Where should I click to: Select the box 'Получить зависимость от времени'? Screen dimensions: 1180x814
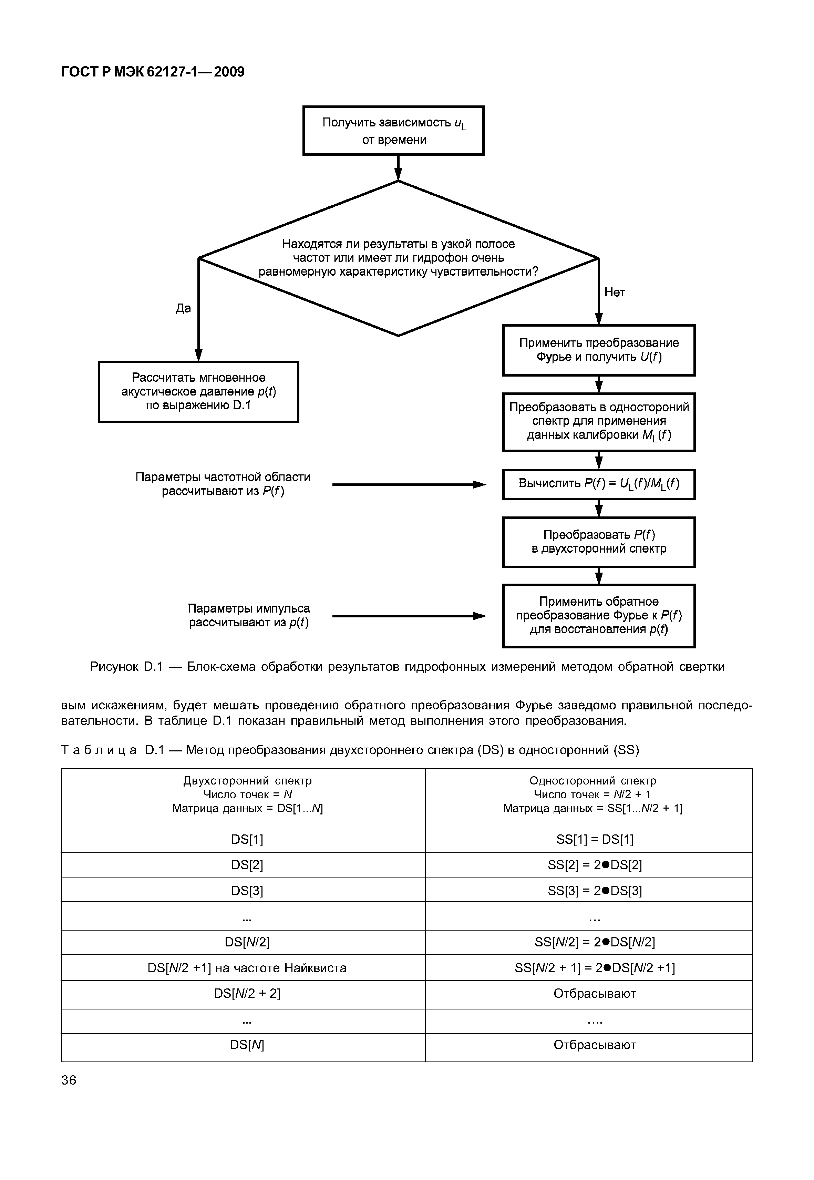393,131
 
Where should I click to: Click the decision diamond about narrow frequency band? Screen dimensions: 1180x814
398,258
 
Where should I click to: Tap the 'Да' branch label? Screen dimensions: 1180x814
183,308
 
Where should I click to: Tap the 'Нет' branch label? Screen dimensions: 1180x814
614,292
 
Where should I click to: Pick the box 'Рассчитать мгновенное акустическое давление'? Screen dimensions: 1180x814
198,392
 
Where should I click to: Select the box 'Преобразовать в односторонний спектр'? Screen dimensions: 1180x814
599,422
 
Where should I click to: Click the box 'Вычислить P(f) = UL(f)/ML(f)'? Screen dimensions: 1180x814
599,484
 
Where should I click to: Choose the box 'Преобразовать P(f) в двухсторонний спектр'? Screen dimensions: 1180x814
599,542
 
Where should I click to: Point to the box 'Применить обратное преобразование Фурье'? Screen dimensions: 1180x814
599,616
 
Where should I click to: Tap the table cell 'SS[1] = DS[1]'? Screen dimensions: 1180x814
595,839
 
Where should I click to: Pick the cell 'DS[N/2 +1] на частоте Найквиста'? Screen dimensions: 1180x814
247,968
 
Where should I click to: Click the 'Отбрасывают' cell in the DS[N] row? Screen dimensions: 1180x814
595,1045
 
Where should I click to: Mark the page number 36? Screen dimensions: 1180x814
69,1080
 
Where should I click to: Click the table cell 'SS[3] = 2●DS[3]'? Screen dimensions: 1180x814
595,890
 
